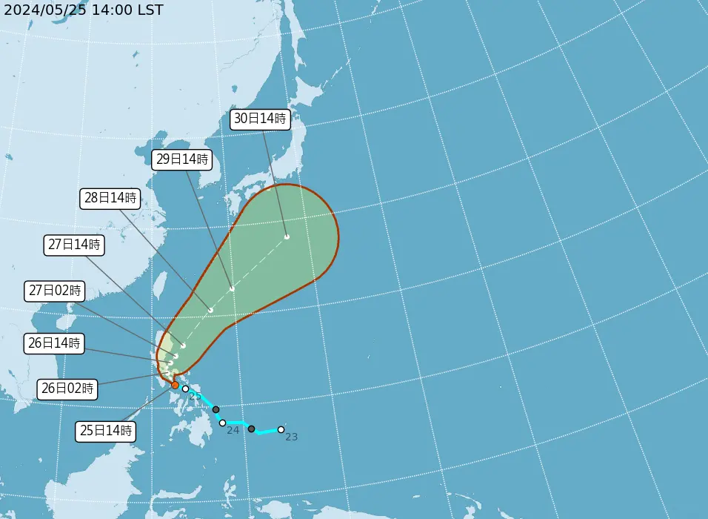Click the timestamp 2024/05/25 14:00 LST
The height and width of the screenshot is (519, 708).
pyautogui.click(x=83, y=10)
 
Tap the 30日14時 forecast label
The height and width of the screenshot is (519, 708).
pyautogui.click(x=260, y=119)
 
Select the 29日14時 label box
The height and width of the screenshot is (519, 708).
pyautogui.click(x=182, y=159)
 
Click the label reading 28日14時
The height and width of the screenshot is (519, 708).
pyautogui.click(x=110, y=198)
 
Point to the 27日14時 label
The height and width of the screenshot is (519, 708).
pyautogui.click(x=74, y=244)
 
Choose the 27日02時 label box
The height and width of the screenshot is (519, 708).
pyautogui.click(x=54, y=291)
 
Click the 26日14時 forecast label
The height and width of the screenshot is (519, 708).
pyautogui.click(x=54, y=343)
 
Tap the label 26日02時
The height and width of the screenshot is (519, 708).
pyautogui.click(x=67, y=388)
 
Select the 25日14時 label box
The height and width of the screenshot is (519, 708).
pyautogui.click(x=106, y=431)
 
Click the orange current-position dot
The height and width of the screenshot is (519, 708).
pyautogui.click(x=175, y=385)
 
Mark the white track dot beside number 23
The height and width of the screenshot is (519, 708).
pyautogui.click(x=281, y=429)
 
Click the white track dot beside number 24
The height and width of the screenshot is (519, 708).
pyautogui.click(x=222, y=423)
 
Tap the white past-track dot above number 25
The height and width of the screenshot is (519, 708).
pyautogui.click(x=185, y=389)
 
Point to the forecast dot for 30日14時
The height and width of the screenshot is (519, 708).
pyautogui.click(x=287, y=237)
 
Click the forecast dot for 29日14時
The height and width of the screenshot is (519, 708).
pyautogui.click(x=232, y=288)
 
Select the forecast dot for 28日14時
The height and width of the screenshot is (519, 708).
pyautogui.click(x=211, y=310)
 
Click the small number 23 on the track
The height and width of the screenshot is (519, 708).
pyautogui.click(x=291, y=437)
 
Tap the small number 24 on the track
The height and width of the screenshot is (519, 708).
pyautogui.click(x=233, y=431)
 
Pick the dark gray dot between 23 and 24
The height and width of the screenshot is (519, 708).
pyautogui.click(x=252, y=429)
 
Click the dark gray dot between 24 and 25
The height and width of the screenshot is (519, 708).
pyautogui.click(x=216, y=409)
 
